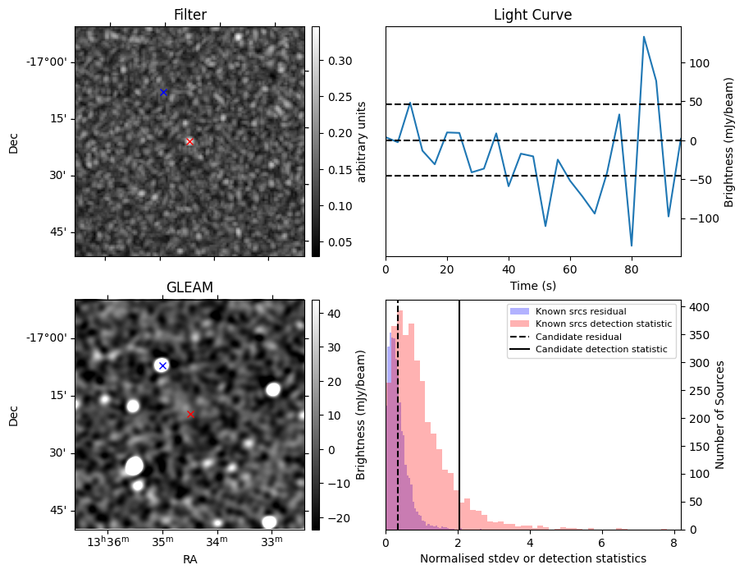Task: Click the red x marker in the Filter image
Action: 189,141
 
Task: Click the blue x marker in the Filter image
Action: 163,92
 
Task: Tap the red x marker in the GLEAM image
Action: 190,415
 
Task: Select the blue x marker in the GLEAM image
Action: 162,365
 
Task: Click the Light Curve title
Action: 532,15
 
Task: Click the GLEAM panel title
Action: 189,287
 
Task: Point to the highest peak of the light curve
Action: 644,37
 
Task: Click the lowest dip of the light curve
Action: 632,246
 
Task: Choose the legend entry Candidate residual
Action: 580,337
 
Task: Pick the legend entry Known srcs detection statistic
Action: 603,324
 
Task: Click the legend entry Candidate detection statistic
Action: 601,350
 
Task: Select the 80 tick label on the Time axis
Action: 631,268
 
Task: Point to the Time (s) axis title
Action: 532,283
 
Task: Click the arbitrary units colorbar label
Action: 362,141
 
